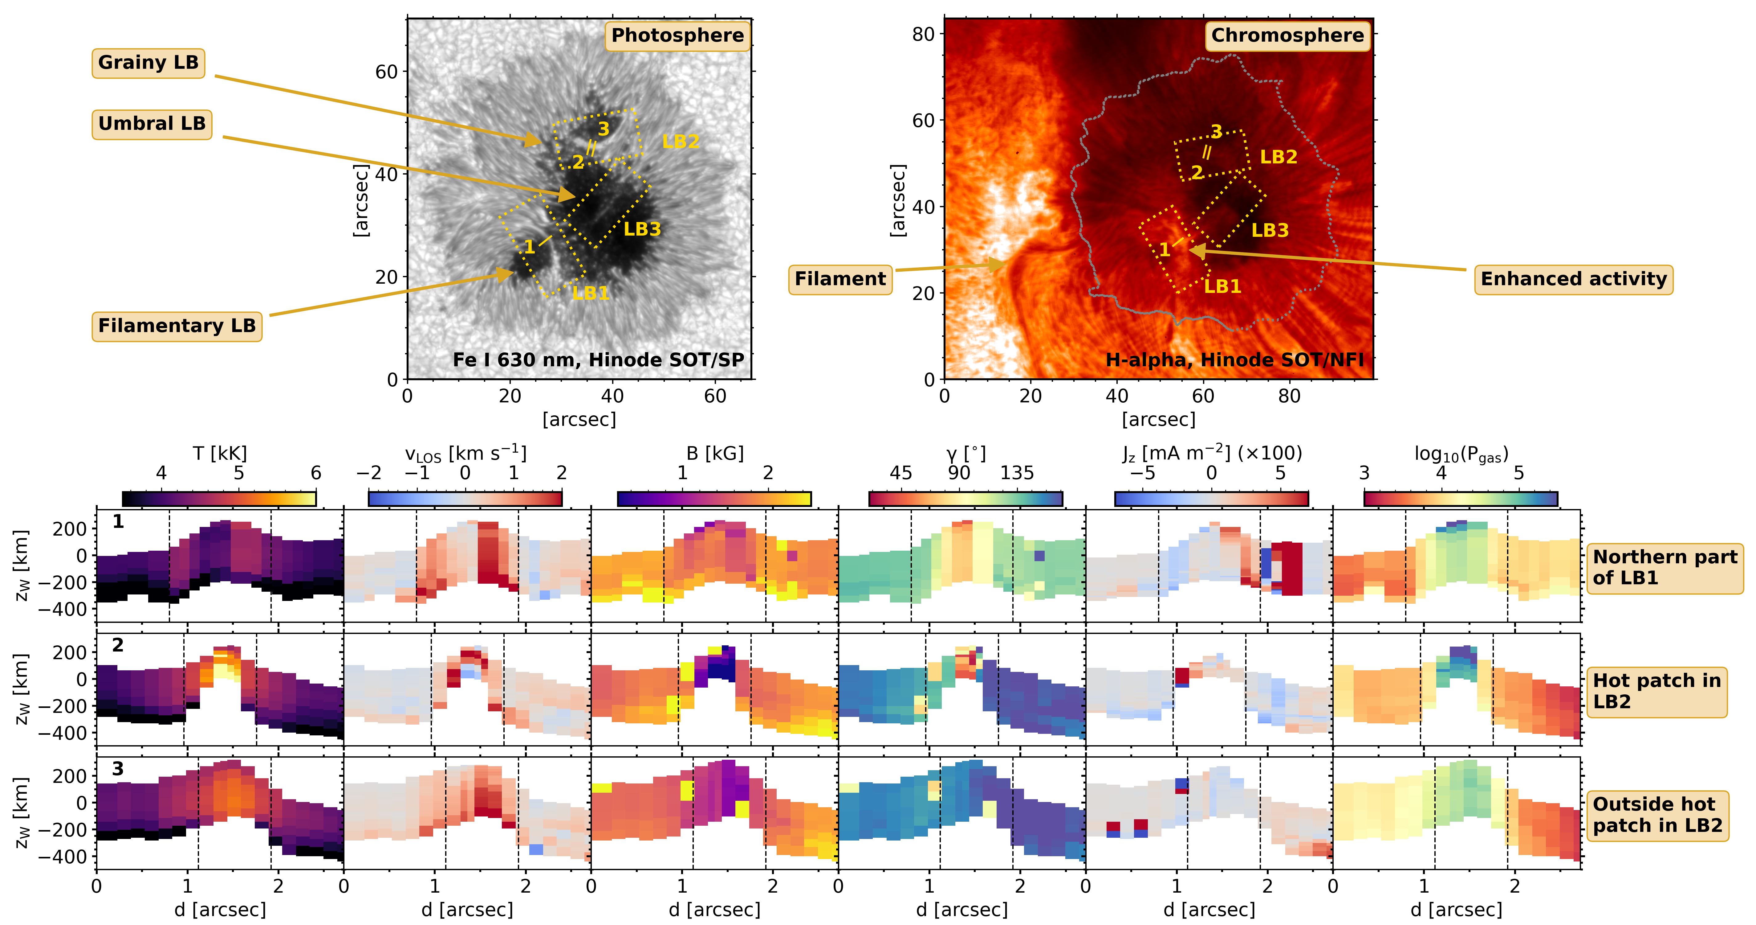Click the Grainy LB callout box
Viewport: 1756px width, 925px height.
[148, 63]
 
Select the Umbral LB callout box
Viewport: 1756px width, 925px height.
[151, 124]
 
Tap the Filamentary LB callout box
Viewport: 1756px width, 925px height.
[177, 326]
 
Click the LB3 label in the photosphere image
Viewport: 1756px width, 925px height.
[642, 229]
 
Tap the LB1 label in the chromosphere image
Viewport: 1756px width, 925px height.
[1222, 286]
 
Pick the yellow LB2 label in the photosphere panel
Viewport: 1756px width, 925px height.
[680, 142]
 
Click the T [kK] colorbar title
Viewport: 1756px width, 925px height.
[219, 454]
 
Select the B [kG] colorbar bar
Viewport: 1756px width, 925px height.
[714, 499]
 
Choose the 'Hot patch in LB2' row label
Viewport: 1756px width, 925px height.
[1656, 691]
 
